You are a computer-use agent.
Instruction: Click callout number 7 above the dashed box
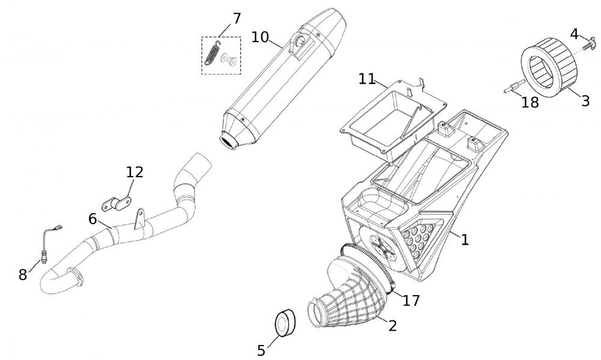point(237,19)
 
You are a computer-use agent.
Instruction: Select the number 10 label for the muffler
point(260,37)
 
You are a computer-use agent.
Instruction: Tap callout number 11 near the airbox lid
point(367,79)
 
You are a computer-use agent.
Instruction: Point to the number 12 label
point(135,172)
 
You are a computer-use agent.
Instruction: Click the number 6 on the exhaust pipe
point(93,219)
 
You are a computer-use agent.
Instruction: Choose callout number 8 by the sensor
point(23,275)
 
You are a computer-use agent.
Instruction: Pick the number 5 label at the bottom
point(261,350)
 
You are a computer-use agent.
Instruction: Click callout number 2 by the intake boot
point(392,325)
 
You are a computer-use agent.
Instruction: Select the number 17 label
point(411,300)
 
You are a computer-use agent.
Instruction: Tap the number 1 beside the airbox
point(465,239)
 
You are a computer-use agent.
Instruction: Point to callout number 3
point(585,100)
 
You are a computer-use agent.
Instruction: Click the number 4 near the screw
point(575,34)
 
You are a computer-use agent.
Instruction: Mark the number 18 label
point(530,102)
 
